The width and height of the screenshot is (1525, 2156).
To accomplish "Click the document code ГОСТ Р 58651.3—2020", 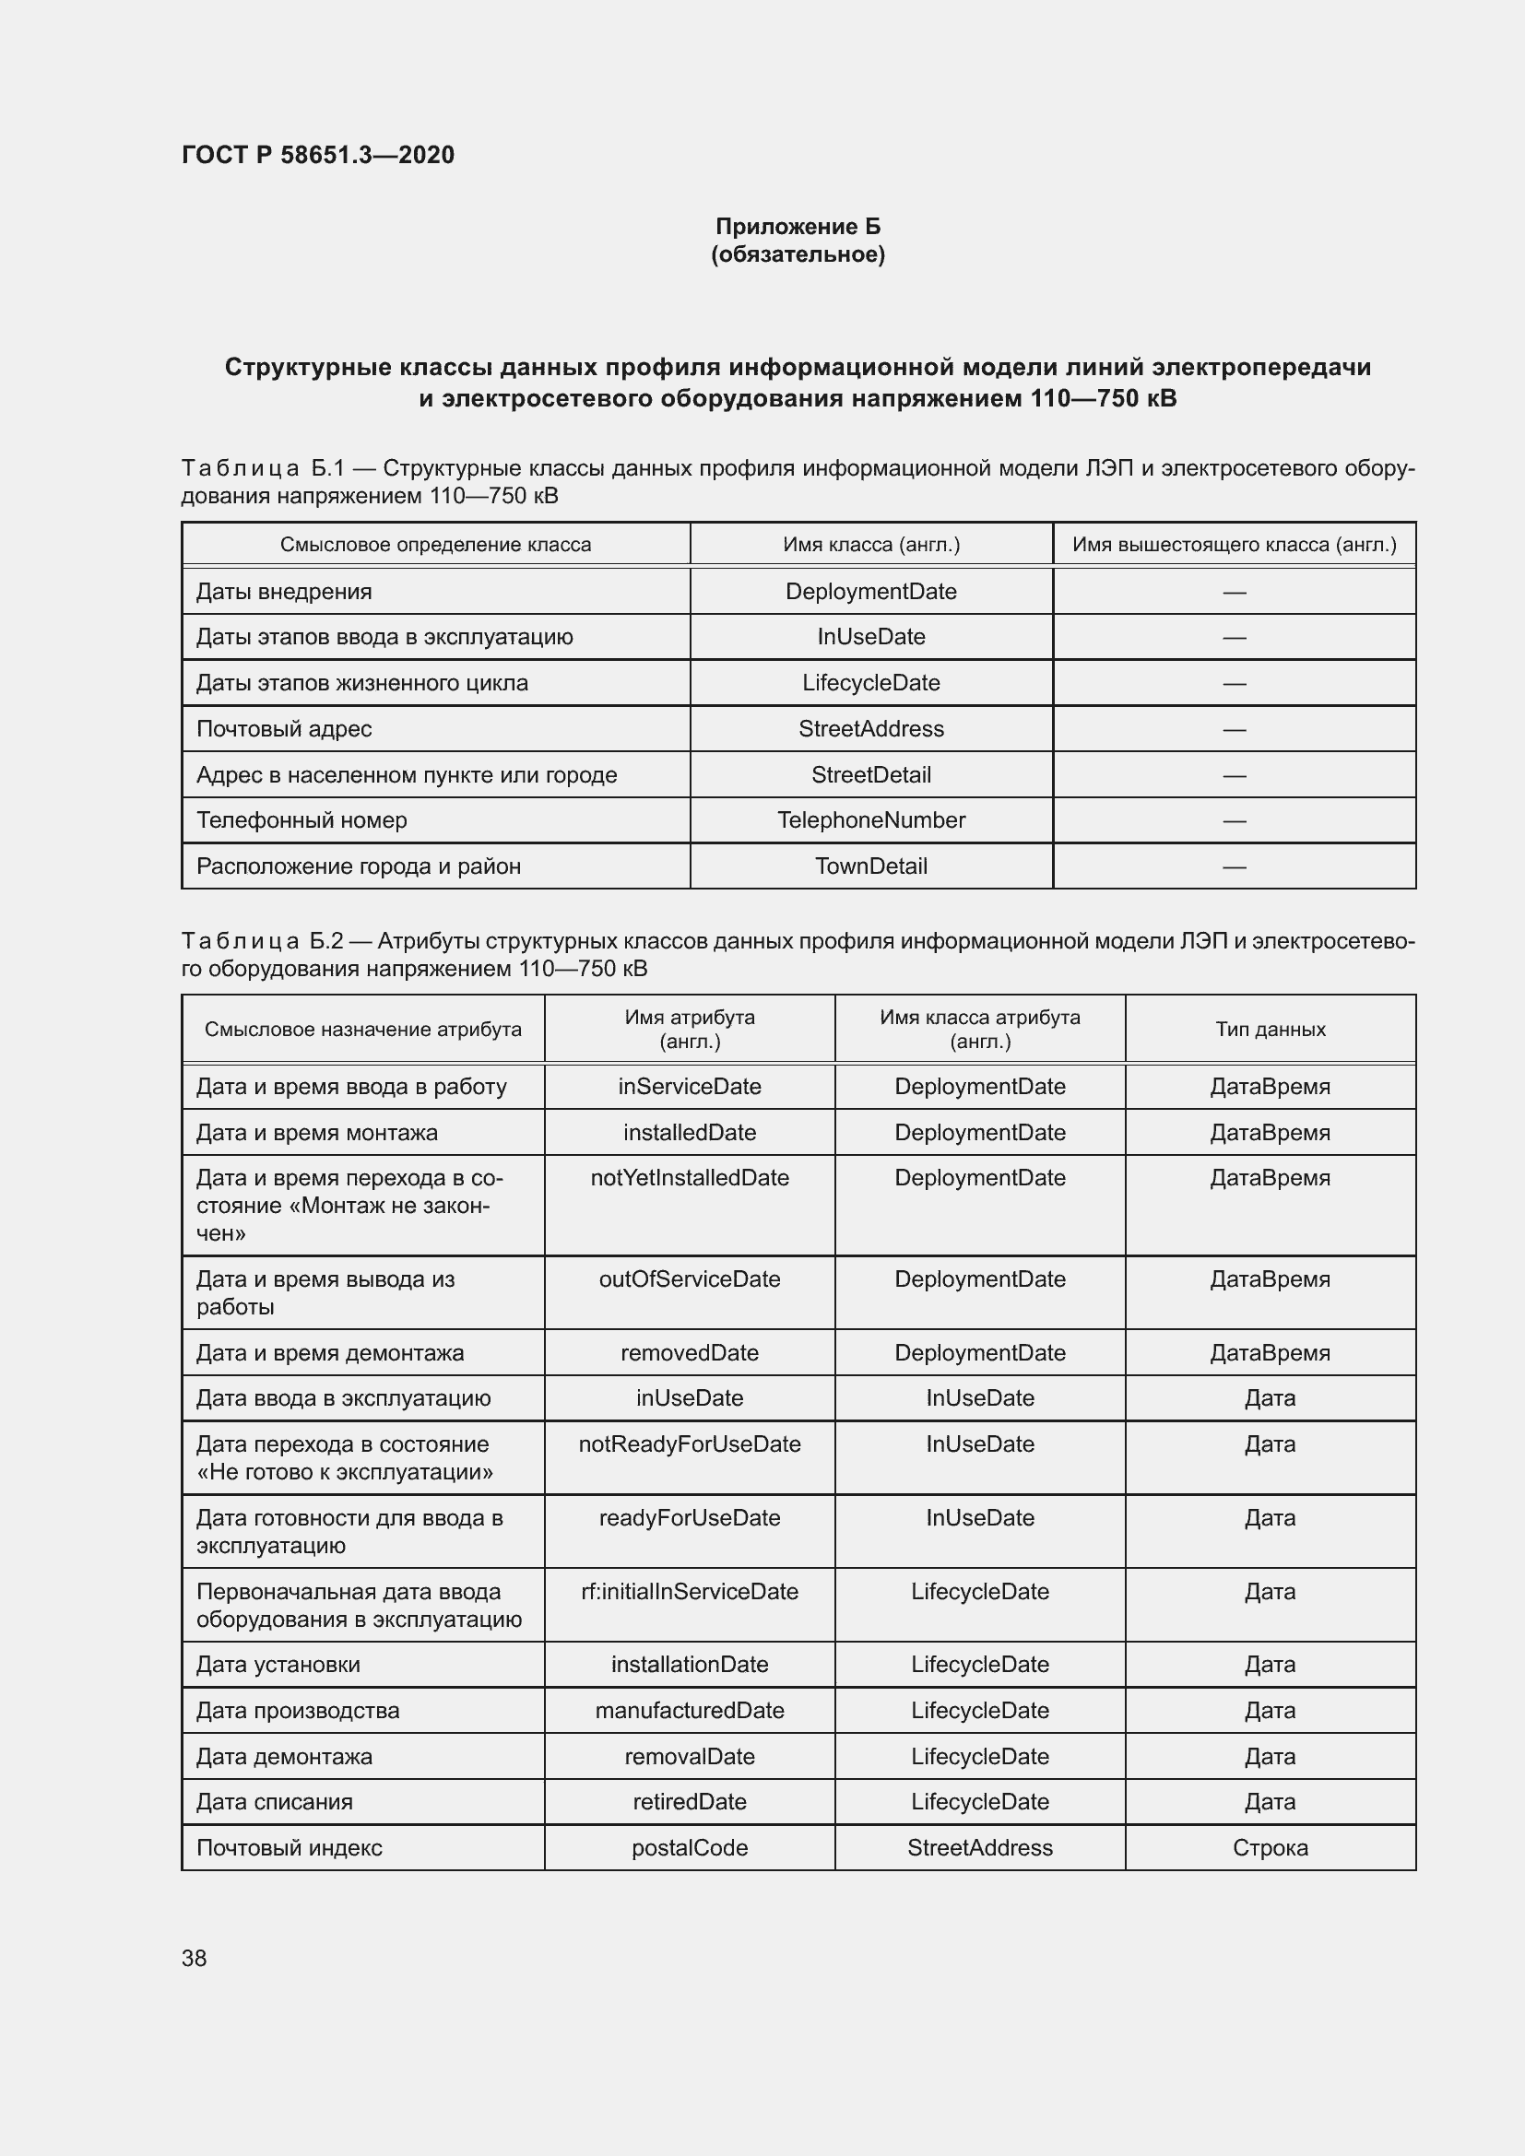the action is (317, 155).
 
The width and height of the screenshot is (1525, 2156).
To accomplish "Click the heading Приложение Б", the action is (798, 227).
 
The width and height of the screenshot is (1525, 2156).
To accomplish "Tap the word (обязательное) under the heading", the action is (798, 254).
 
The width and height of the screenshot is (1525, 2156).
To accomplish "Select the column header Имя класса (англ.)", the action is (870, 545).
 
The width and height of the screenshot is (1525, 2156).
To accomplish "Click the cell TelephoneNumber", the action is (870, 819).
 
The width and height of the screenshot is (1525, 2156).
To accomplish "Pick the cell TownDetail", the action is (870, 866).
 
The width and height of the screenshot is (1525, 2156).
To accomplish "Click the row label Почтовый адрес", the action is (284, 729).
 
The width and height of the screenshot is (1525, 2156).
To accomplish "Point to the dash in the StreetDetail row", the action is (1234, 775).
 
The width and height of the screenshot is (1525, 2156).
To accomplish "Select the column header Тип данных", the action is (1270, 1030).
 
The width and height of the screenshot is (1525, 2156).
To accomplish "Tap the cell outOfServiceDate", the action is (690, 1279).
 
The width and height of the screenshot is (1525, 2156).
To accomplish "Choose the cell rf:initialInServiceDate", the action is (690, 1592).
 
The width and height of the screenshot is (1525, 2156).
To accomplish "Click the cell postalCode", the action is (690, 1848).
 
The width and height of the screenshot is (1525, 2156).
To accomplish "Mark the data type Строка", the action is (1270, 1848).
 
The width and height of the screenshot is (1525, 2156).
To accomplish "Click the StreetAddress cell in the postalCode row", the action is (979, 1848).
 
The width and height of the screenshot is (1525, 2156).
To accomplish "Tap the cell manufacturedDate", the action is (690, 1710).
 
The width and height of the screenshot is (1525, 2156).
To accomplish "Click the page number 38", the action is (195, 1958).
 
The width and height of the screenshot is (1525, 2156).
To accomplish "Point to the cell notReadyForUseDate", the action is (690, 1444).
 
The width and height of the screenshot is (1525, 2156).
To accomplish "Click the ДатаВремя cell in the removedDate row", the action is (1270, 1353).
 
